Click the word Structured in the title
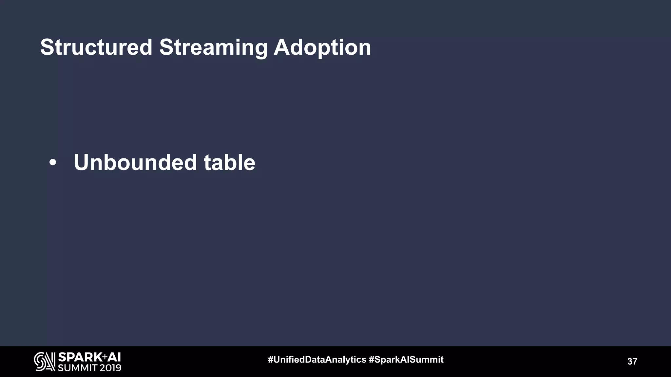(96, 47)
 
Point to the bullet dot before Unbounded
(52, 163)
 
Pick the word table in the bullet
(229, 163)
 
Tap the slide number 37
(632, 361)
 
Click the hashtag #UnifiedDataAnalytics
(317, 360)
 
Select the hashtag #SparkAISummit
(406, 360)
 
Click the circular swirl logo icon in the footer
(45, 362)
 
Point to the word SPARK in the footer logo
(80, 357)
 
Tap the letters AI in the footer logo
(114, 357)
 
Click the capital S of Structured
(47, 47)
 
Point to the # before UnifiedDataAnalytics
(271, 360)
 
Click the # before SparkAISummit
(372, 360)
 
